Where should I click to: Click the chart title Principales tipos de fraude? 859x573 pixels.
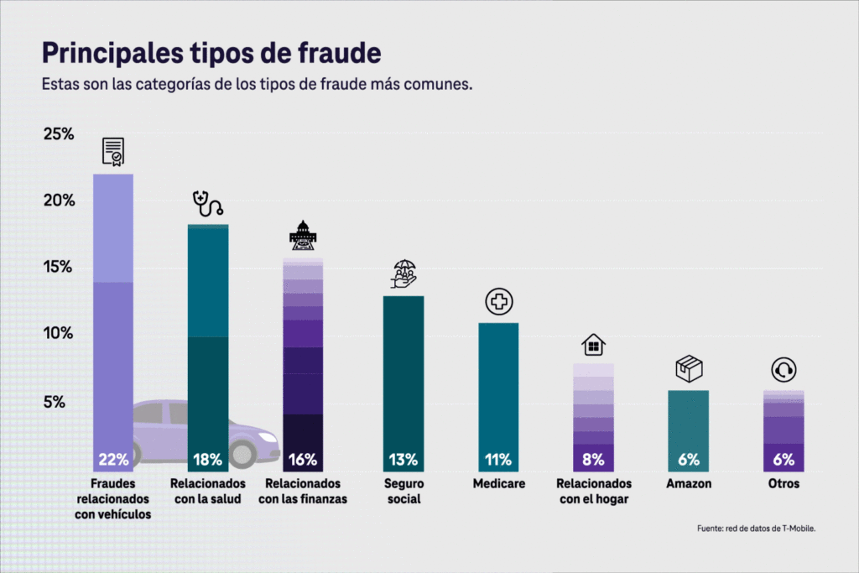(x=211, y=54)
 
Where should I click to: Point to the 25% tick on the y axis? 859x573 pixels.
(x=60, y=134)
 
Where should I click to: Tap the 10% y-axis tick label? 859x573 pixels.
(x=60, y=334)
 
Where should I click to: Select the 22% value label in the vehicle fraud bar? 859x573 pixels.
(x=113, y=459)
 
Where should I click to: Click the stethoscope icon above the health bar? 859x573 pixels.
(x=207, y=203)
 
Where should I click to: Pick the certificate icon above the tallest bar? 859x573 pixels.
(x=113, y=152)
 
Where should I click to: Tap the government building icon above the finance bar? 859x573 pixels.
(x=303, y=236)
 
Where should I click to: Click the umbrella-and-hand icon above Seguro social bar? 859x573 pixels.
(x=403, y=274)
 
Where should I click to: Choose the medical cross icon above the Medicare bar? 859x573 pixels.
(x=498, y=302)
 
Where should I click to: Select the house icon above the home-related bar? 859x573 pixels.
(x=593, y=344)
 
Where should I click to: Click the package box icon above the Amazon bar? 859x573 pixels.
(x=689, y=369)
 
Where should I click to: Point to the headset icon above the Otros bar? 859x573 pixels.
(x=784, y=370)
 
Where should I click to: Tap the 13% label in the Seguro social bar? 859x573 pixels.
(x=403, y=459)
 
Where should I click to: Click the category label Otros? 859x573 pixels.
(x=784, y=484)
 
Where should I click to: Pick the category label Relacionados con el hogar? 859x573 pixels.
(x=594, y=492)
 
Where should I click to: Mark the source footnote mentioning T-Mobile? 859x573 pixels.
(x=756, y=529)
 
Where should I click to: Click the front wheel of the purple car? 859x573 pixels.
(x=242, y=454)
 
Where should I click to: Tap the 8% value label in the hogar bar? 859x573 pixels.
(x=593, y=459)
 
